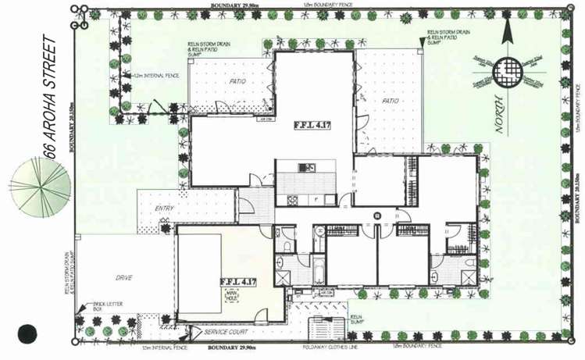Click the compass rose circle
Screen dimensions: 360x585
click(509, 70)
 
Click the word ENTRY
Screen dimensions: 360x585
click(166, 208)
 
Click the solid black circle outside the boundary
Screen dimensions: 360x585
click(29, 333)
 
